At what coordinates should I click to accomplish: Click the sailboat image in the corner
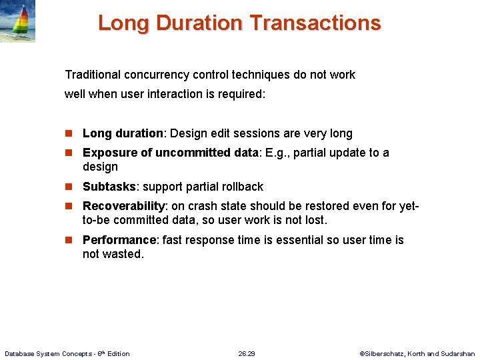tap(17, 21)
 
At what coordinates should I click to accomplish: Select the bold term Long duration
tap(123, 133)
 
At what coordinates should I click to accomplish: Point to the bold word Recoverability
tap(123, 207)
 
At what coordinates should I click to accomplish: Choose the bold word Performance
tap(119, 240)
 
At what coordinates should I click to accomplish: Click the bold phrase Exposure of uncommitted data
tap(171, 153)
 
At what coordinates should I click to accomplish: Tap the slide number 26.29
tap(246, 353)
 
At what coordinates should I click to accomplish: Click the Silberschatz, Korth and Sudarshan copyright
tap(417, 353)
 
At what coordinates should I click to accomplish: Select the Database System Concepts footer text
tap(67, 353)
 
